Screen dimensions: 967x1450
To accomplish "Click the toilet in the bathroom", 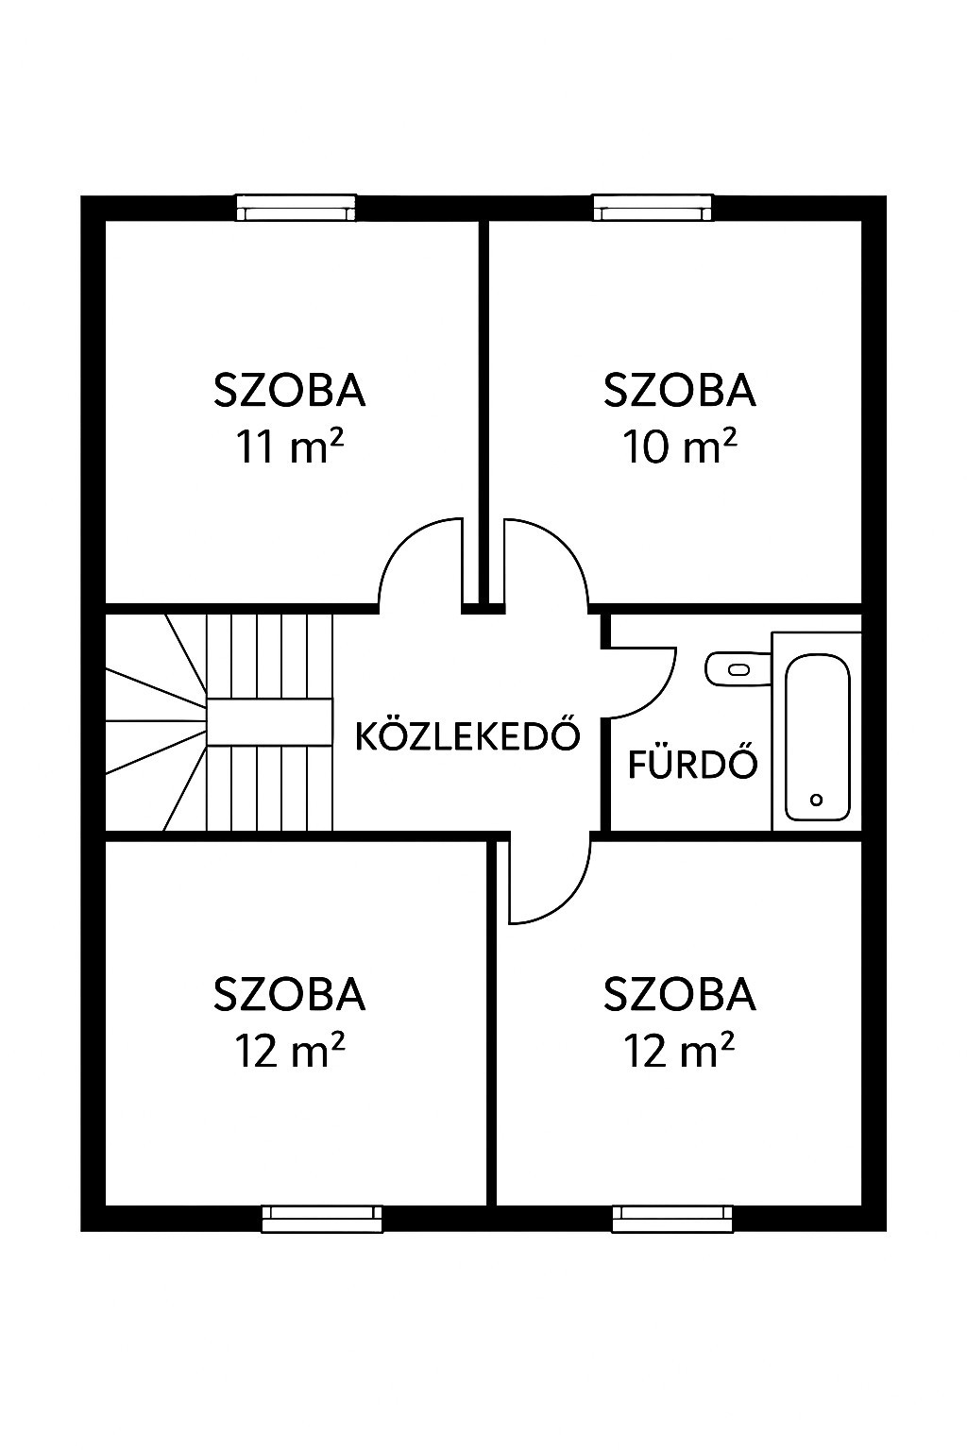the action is coord(738,669).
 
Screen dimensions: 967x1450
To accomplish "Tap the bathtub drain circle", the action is coord(816,801).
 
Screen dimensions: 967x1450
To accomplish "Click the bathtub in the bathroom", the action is coord(817,732).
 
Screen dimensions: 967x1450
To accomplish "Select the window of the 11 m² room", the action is coord(296,208).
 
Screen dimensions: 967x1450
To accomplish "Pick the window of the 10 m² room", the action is coord(653,208).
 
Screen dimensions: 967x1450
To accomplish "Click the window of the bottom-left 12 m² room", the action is coord(322,1219).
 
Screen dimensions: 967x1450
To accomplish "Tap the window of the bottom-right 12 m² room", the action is coord(672,1219).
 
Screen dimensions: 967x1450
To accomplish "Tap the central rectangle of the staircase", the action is coord(269,722).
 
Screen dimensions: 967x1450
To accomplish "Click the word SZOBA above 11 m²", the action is coord(290,390).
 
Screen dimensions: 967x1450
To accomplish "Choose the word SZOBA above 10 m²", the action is coord(679,390).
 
